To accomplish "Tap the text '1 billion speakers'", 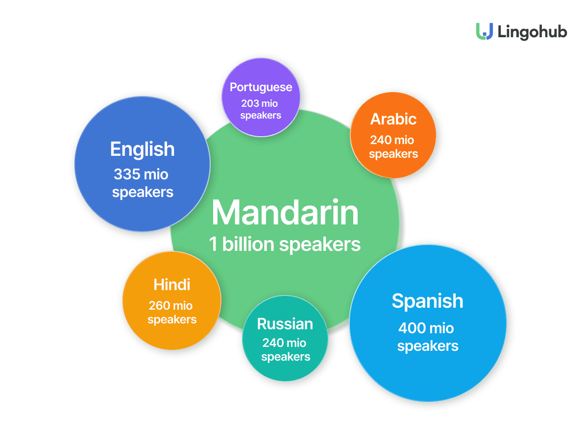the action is tap(285, 244).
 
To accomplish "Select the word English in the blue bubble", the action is tap(143, 150).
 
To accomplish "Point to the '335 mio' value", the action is tap(141, 174).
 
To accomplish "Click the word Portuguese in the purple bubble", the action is tap(261, 87).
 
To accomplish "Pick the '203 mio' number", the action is tap(260, 103).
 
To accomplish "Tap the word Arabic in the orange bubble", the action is tap(393, 119).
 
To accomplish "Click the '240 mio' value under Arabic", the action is tap(392, 140).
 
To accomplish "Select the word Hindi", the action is tap(172, 285).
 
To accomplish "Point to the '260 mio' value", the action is tap(170, 305).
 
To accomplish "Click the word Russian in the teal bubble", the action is tap(285, 324).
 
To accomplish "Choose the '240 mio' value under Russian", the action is tap(284, 342).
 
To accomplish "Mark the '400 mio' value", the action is tap(426, 328).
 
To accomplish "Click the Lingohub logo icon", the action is tap(485, 31).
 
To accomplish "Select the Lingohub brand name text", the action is tap(533, 32).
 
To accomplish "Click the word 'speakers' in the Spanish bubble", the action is tap(428, 346).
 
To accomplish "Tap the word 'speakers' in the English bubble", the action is tap(143, 193).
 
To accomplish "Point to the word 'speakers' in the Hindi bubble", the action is tap(172, 320).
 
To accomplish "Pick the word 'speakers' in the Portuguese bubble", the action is tap(261, 116).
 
